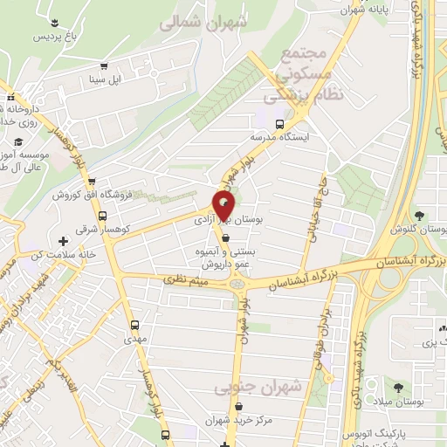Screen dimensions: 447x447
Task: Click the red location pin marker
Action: coord(225,206)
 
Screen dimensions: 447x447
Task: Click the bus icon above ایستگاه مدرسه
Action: coord(279,123)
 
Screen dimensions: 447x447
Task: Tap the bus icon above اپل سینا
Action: coord(105,65)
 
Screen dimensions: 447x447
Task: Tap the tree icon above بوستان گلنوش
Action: coord(421,215)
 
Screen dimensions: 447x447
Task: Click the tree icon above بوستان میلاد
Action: coord(398,387)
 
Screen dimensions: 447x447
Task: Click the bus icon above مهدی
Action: coord(134,321)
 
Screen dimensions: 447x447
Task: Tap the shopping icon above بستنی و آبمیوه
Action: coord(226,237)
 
